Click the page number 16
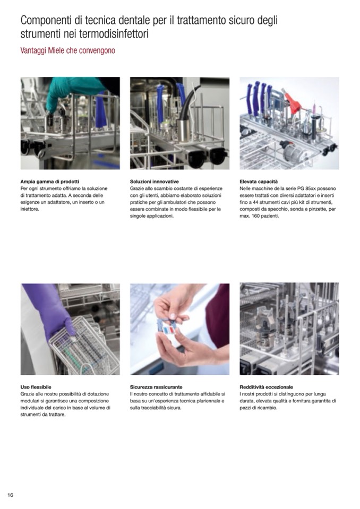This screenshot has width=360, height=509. point(11,495)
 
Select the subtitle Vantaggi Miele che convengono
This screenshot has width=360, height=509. point(67,50)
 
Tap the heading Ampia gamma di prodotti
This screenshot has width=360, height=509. point(50,182)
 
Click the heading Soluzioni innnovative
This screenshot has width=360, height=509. point(154,182)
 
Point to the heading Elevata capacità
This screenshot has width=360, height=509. point(259,182)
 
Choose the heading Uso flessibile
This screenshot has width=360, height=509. point(36,387)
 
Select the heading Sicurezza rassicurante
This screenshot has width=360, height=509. point(156,387)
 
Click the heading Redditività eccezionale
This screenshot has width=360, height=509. point(266,387)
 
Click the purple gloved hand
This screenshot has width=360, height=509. point(49,308)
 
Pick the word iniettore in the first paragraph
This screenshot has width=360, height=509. point(30,209)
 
